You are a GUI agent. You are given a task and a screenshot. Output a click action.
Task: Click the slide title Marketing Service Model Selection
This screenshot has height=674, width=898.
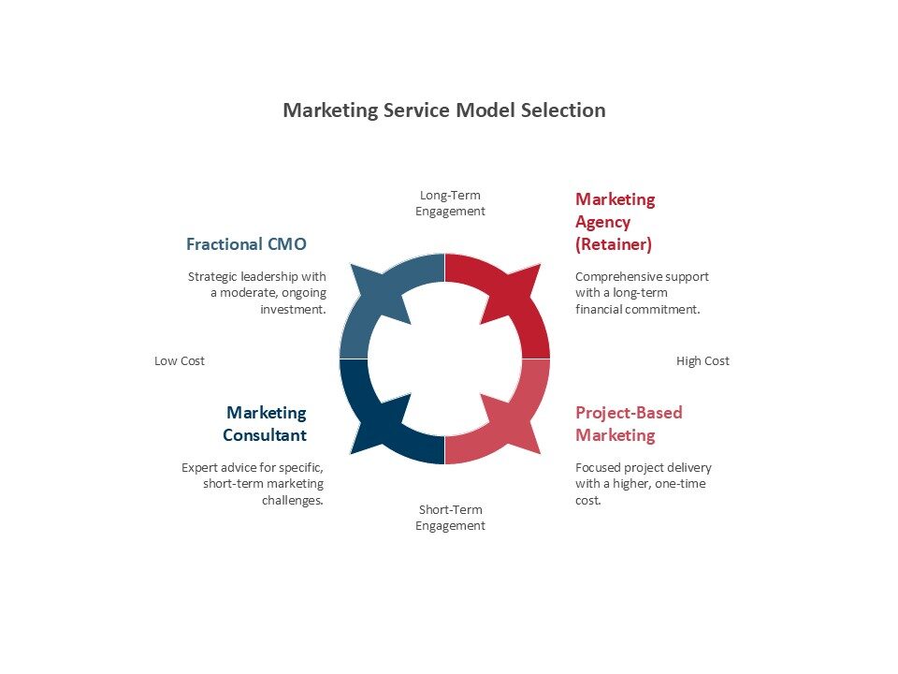tap(444, 110)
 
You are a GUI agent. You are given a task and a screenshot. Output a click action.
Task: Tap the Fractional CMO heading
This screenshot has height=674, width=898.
tap(246, 244)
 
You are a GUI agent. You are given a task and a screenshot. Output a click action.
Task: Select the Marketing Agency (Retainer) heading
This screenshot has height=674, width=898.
tap(615, 222)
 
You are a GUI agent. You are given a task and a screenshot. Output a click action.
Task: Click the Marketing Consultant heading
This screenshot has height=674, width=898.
tap(265, 424)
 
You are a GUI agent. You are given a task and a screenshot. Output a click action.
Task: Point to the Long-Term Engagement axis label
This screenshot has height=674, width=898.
tap(451, 203)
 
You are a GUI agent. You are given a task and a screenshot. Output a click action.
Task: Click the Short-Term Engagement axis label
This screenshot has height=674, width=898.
tap(451, 518)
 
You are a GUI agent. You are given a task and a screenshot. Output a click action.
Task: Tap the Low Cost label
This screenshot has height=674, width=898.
tap(180, 360)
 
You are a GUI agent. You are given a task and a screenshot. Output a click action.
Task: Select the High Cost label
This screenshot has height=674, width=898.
tap(702, 360)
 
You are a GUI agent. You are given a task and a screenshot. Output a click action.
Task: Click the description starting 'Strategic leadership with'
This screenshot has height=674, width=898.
tap(257, 292)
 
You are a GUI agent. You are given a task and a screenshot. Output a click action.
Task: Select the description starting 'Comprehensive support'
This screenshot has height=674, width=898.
tap(642, 292)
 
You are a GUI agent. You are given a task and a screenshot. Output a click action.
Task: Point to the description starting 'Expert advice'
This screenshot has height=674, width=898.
tap(253, 483)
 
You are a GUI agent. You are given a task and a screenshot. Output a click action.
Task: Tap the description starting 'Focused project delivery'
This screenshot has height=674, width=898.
tap(644, 483)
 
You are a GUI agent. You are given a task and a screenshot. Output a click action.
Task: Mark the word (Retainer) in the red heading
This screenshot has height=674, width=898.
tap(614, 244)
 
